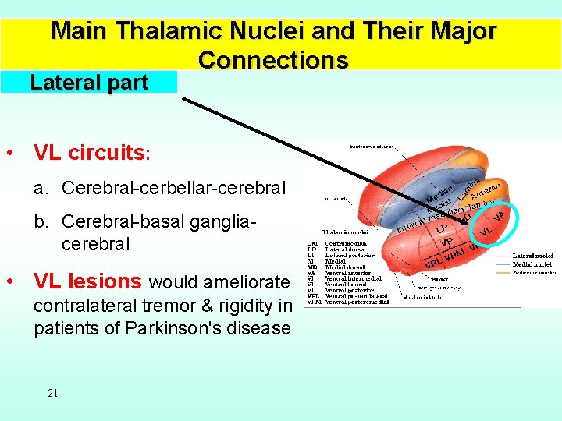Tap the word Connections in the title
(273, 60)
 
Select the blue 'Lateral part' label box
(89, 83)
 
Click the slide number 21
(52, 393)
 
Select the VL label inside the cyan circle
(485, 232)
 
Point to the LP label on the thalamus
(442, 229)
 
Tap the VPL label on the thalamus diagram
(432, 263)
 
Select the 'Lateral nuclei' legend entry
(534, 255)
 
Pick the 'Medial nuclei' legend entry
(534, 264)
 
